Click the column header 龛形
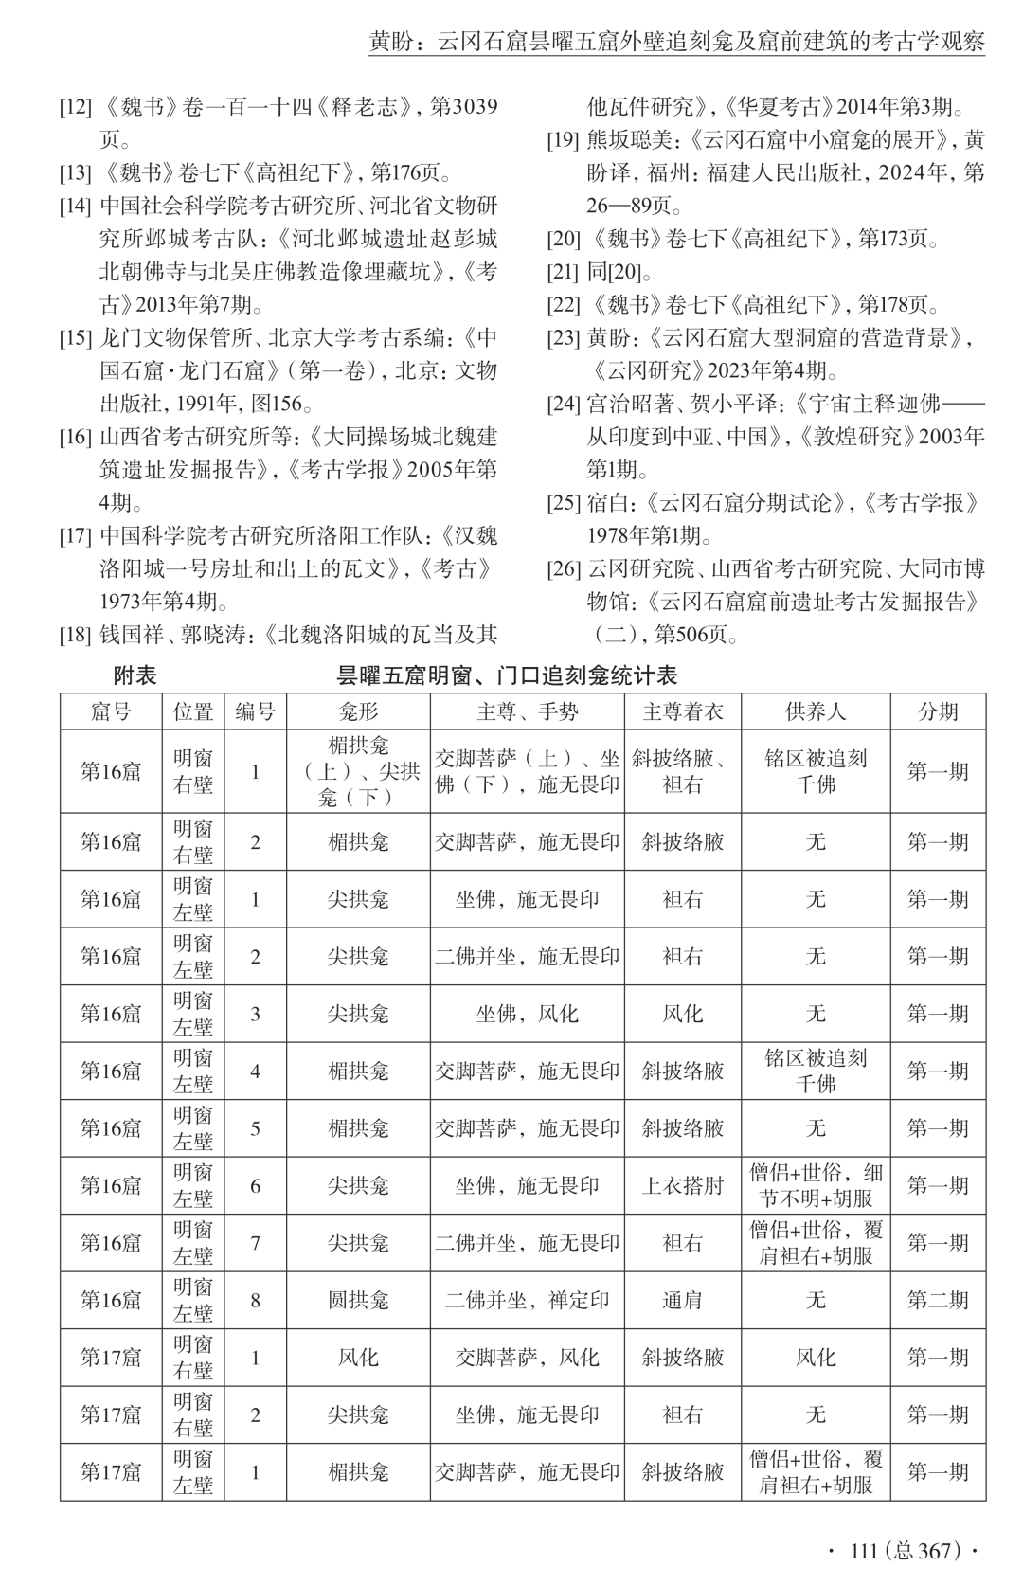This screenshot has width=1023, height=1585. [x=358, y=711]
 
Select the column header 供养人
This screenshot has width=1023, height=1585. [x=815, y=711]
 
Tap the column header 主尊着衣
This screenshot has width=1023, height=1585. [x=682, y=711]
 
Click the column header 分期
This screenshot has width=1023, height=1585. [x=937, y=711]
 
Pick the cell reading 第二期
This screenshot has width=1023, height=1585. [x=937, y=1300]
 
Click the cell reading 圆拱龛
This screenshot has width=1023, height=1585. [x=358, y=1300]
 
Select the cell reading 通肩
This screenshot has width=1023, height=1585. [x=682, y=1300]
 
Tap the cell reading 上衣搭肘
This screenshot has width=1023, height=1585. [x=682, y=1185]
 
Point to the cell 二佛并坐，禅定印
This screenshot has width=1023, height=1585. [x=527, y=1300]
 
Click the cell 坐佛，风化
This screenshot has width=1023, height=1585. [x=527, y=1014]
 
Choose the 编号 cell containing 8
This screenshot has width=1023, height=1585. [x=255, y=1300]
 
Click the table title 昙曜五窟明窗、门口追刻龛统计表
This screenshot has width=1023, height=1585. [x=507, y=675]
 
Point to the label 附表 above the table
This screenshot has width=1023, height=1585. [x=135, y=675]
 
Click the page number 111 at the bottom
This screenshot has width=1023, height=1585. [x=864, y=1551]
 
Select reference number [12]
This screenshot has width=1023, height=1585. [x=75, y=107]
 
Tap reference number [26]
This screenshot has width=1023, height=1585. [x=564, y=569]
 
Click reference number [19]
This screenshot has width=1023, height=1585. [x=564, y=141]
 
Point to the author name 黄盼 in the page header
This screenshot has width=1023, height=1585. [x=393, y=42]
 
